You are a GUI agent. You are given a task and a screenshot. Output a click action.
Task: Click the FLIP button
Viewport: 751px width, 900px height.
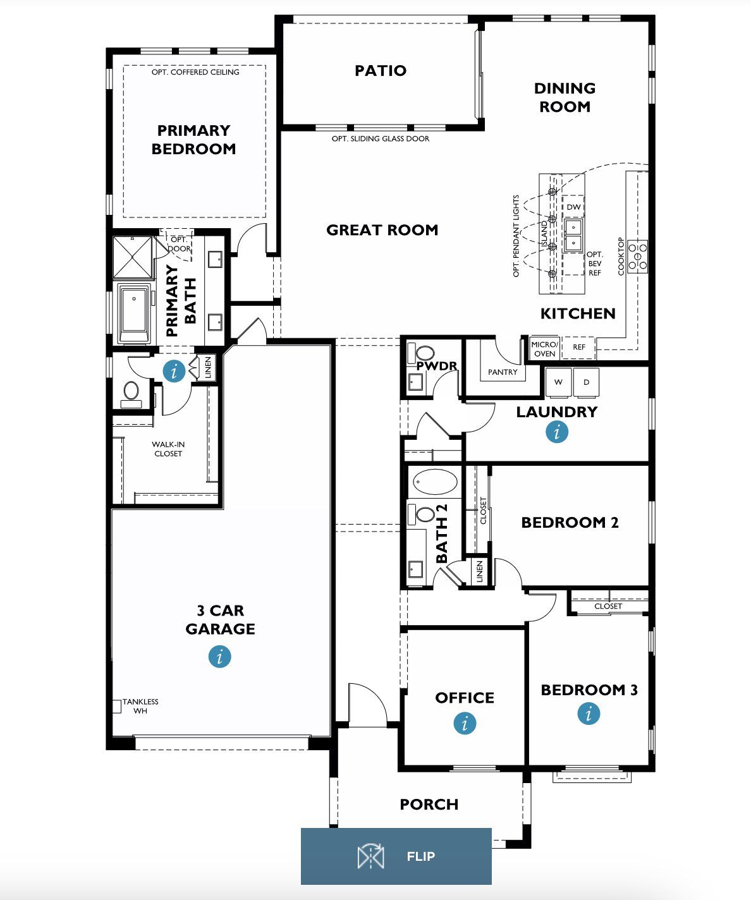[396, 856]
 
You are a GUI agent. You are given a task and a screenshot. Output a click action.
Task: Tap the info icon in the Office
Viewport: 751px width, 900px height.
[465, 723]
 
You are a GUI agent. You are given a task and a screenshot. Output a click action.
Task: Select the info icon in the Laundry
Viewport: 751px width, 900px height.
[557, 432]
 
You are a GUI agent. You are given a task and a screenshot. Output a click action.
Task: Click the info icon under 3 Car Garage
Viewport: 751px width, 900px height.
[219, 656]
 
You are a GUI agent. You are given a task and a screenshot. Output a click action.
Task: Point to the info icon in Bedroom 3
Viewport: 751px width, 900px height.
[589, 714]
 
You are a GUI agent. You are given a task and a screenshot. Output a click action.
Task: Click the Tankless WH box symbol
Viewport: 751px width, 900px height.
[116, 706]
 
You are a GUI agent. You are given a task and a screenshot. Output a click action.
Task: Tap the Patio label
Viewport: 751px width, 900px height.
[380, 70]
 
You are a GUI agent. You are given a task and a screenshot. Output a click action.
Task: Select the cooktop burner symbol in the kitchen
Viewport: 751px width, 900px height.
[638, 256]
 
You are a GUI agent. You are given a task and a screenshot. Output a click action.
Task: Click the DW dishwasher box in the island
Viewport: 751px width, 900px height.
[573, 207]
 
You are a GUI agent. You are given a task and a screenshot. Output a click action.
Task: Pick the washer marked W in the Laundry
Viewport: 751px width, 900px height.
[558, 382]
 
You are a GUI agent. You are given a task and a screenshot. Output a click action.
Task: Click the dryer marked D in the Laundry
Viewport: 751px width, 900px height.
[586, 382]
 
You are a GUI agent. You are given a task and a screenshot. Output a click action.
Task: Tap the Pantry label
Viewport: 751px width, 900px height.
[503, 372]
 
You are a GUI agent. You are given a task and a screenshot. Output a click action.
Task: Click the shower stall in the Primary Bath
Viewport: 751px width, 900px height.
[133, 257]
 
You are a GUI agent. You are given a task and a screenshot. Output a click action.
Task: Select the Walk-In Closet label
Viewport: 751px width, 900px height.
[168, 449]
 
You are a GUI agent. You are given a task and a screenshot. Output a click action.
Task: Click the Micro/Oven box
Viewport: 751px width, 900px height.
[544, 349]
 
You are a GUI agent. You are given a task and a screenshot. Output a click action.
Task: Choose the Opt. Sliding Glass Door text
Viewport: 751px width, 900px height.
[380, 138]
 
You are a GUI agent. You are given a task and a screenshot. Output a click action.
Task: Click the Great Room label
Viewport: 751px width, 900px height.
[382, 230]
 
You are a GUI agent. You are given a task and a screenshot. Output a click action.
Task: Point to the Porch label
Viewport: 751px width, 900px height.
[429, 804]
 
